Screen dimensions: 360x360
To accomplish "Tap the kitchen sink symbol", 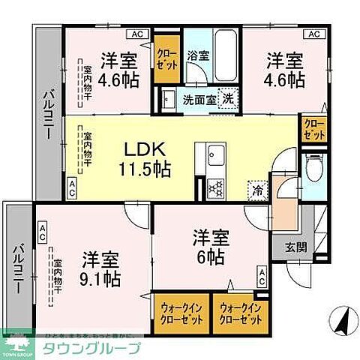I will coord(215,155).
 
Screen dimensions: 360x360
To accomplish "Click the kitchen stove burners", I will coord(215,186).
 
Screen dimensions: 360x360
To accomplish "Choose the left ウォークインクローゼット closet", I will coord(180,311).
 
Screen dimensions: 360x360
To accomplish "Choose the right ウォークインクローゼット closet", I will coord(239,311).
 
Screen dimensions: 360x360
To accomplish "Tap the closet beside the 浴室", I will coord(167,58).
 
